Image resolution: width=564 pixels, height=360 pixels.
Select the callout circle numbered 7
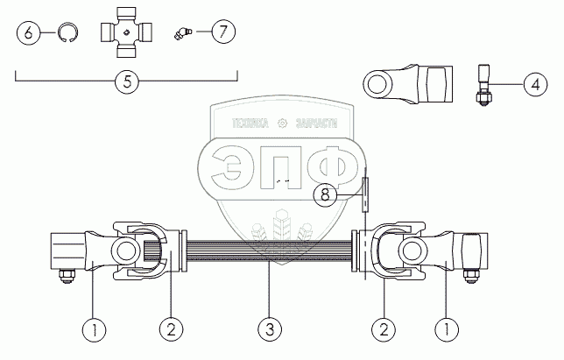(x=222, y=32)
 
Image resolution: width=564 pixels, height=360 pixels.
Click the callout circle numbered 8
(x=325, y=194)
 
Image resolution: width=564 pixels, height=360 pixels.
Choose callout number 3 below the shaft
(x=271, y=330)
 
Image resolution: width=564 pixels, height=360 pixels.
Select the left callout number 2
(x=171, y=330)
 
